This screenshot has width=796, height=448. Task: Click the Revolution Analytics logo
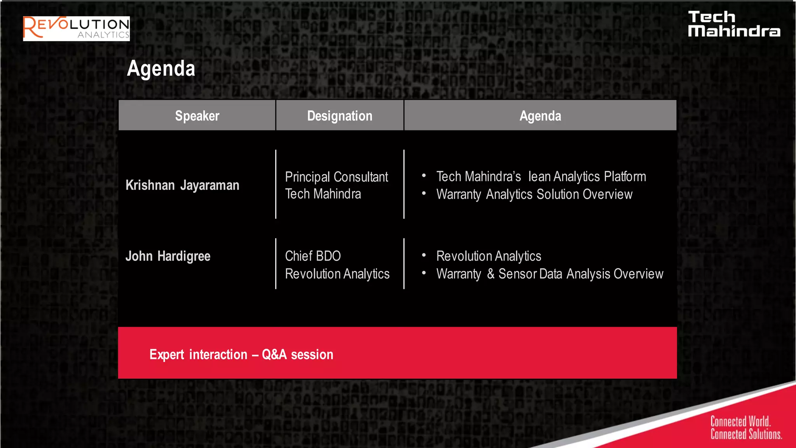click(76, 28)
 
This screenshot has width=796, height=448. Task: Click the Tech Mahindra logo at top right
click(733, 24)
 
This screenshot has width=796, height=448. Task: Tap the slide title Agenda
click(161, 69)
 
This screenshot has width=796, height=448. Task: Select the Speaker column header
click(197, 116)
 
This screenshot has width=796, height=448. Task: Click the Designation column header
click(340, 116)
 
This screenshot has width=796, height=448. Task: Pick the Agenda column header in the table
click(540, 116)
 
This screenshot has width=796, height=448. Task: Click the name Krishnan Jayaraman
click(182, 185)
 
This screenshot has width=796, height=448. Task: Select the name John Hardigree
click(168, 256)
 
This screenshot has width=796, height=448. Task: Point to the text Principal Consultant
click(336, 177)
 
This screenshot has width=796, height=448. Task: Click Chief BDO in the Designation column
click(313, 256)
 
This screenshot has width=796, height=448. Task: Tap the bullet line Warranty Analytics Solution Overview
click(534, 194)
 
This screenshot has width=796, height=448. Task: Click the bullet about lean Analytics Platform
click(541, 177)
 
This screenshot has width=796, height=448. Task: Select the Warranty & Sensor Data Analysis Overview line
click(549, 274)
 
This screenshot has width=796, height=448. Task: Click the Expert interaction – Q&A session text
click(241, 355)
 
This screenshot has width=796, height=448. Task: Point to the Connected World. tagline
click(740, 422)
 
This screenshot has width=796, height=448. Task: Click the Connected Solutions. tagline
click(746, 434)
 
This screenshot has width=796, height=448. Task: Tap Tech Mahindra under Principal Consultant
click(323, 194)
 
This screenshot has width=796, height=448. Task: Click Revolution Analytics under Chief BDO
click(337, 274)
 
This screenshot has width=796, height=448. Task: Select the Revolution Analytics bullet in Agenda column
click(489, 256)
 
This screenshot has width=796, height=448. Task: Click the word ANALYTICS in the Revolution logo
click(103, 35)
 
